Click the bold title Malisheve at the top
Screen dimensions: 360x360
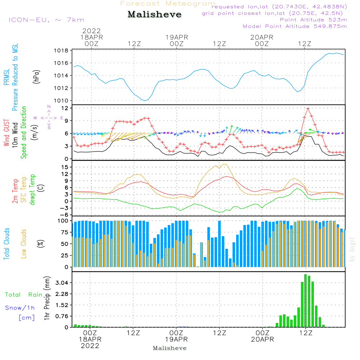pos(155,15)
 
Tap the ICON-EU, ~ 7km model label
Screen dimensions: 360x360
pos(46,20)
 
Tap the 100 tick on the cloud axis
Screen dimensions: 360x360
pos(63,220)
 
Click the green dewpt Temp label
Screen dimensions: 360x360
pos(33,190)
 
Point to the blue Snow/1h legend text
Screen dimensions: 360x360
pos(20,308)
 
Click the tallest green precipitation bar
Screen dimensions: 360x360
pos(305,301)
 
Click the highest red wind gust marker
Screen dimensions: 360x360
pos(308,108)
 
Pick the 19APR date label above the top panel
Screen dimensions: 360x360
pos(177,37)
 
